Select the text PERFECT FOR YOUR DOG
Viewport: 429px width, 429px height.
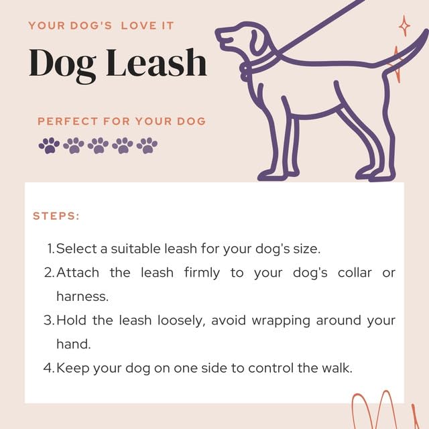(121, 121)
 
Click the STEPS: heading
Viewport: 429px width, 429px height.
(56, 216)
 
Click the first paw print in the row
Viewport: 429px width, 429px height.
(49, 145)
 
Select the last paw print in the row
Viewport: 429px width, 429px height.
(147, 145)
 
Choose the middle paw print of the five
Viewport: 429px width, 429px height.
(98, 145)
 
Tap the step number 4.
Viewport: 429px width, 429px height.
(48, 367)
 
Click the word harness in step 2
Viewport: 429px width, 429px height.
(82, 296)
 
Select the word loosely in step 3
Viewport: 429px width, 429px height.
(181, 320)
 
